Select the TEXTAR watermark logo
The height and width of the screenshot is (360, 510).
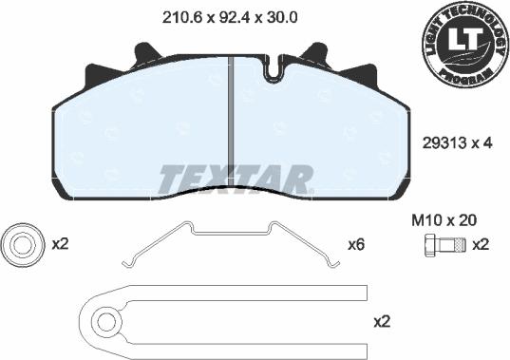coord(235,178)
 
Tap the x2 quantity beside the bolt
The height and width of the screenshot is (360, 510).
coord(481,245)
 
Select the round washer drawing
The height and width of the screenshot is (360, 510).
coord(20,244)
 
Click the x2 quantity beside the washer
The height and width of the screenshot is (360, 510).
coord(61,244)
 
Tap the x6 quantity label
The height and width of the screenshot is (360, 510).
coord(356,244)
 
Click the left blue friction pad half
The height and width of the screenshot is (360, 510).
coord(142,133)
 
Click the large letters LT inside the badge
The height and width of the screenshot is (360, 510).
coord(464,39)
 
